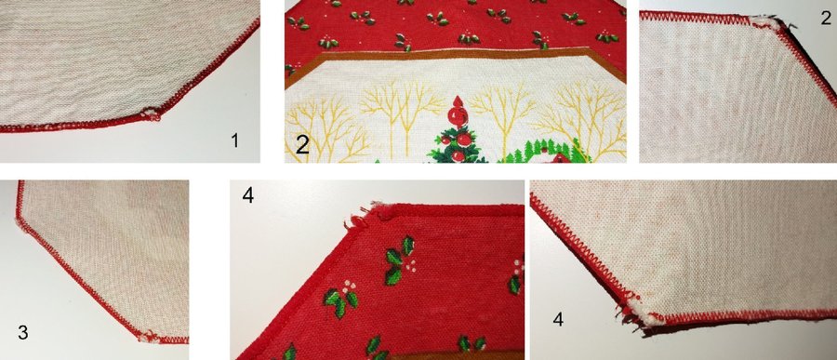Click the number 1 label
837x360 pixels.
pyautogui.click(x=234, y=140)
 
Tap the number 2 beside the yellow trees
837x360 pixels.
pyautogui.click(x=302, y=145)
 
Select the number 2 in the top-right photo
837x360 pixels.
pyautogui.click(x=826, y=19)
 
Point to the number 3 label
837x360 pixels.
pyautogui.click(x=22, y=333)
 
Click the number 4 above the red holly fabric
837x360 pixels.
pyautogui.click(x=248, y=195)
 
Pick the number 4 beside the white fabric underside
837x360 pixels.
pyautogui.click(x=558, y=320)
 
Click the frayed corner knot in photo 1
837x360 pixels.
pyautogui.click(x=152, y=114)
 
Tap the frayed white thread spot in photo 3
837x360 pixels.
pyautogui.click(x=146, y=337)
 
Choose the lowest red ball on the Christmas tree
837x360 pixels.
pyautogui.click(x=458, y=156)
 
